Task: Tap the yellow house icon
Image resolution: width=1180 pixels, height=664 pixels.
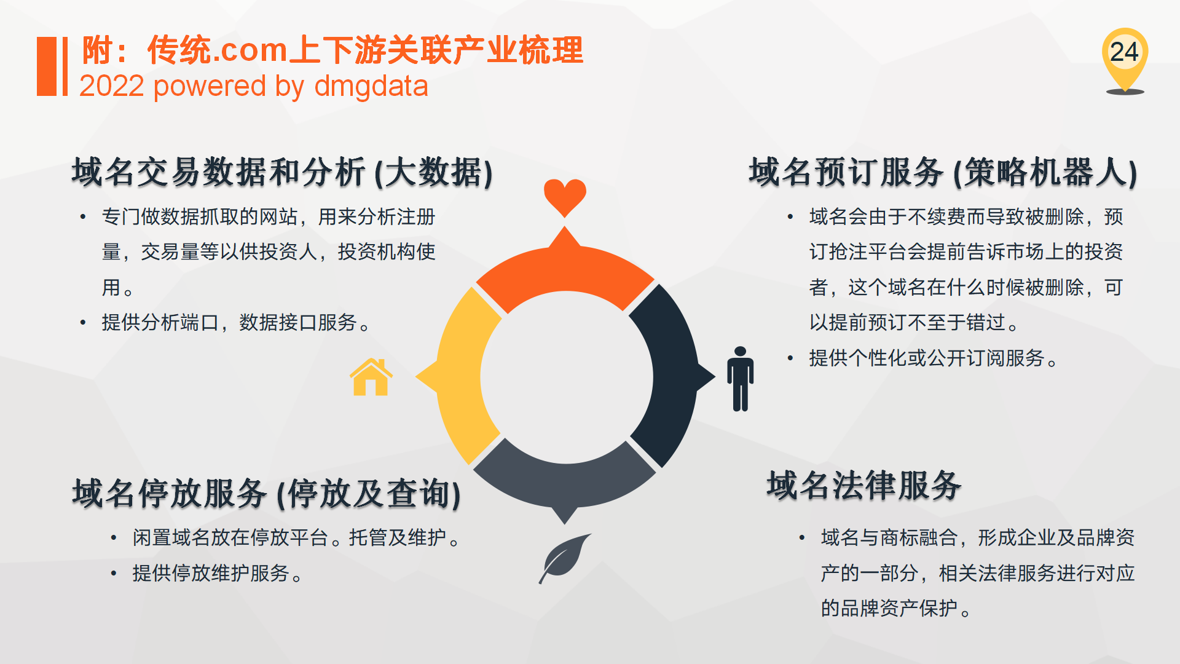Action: (371, 377)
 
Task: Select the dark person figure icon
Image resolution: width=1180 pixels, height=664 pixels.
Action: (740, 379)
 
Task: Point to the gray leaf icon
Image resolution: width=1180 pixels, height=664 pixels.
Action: (564, 558)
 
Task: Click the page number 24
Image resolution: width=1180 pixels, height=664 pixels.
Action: (1124, 52)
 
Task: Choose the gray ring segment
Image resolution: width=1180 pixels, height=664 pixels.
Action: (565, 483)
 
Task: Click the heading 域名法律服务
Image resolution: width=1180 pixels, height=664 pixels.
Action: (864, 485)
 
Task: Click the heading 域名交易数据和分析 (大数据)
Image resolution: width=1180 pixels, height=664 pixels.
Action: (282, 172)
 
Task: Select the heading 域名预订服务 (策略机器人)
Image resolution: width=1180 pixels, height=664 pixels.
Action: (943, 172)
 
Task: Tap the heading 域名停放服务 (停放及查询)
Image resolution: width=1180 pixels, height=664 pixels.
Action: (266, 493)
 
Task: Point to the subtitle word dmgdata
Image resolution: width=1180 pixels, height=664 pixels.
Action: (371, 86)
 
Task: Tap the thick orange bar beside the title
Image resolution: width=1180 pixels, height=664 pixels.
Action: (47, 66)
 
